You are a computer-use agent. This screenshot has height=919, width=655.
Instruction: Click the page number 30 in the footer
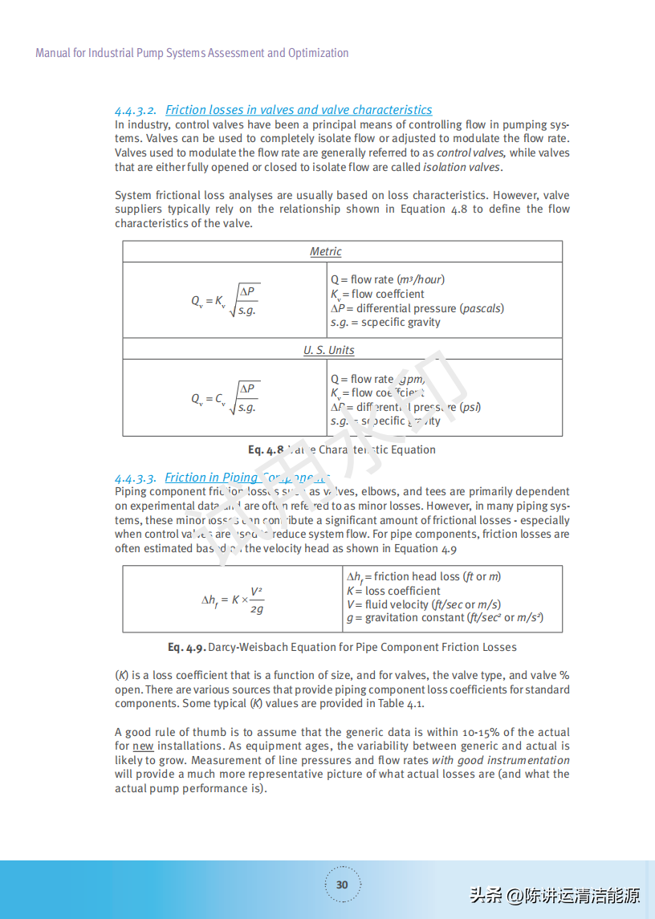coord(342,884)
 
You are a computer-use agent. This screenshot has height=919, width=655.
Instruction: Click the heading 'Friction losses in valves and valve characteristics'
coord(299,110)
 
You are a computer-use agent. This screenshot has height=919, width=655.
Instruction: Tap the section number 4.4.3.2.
coord(135,110)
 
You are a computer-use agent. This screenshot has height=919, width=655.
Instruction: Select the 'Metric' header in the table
coord(326,252)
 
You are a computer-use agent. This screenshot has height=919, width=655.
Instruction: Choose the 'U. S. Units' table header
coord(328,351)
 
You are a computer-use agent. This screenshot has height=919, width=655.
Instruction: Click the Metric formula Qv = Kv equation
coord(225,301)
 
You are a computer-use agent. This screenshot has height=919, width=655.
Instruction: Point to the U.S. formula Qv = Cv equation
coord(225,398)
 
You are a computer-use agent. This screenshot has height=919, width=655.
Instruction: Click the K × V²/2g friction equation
coord(233,600)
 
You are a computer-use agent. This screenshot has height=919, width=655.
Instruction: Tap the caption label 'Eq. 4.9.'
coord(187,647)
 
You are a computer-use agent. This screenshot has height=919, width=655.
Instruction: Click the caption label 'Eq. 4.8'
coord(266,450)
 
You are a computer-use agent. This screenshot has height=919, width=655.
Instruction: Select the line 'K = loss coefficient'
coord(393,591)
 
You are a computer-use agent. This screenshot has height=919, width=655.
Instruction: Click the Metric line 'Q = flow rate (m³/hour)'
coord(388,280)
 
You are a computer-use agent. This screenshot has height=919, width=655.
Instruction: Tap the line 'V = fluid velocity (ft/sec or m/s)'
coord(423,604)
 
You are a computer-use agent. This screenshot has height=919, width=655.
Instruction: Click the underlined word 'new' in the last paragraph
coord(143,746)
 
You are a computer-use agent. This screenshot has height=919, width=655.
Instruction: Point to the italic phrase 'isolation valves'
coord(462,167)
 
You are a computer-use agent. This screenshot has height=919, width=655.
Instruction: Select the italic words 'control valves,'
coord(470,152)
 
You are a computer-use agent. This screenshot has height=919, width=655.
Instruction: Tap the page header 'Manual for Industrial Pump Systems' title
coord(192,53)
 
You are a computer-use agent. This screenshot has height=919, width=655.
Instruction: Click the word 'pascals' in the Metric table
coord(481,308)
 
